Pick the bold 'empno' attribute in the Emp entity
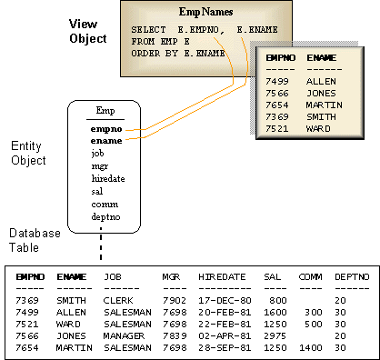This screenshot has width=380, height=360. pos(106,128)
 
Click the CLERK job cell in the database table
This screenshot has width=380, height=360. pos(119,299)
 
